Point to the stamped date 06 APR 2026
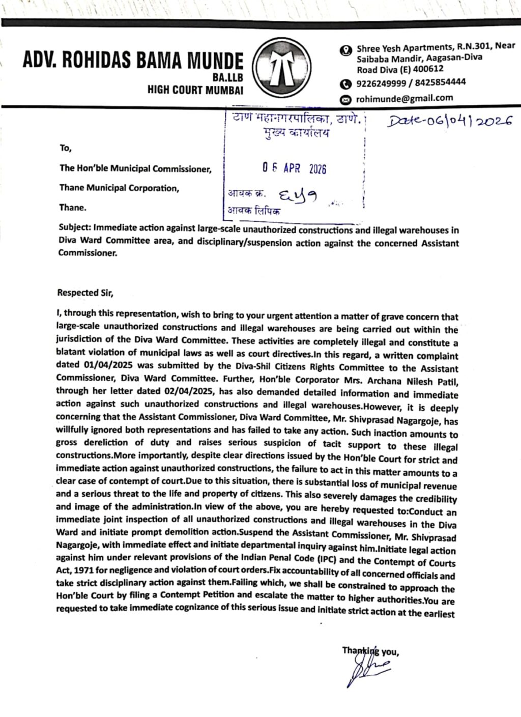click(x=294, y=168)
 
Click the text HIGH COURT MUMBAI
click(x=195, y=90)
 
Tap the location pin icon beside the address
click(x=346, y=50)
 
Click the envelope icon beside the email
click(x=346, y=99)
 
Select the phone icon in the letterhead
click(x=346, y=83)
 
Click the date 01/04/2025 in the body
click(x=106, y=365)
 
